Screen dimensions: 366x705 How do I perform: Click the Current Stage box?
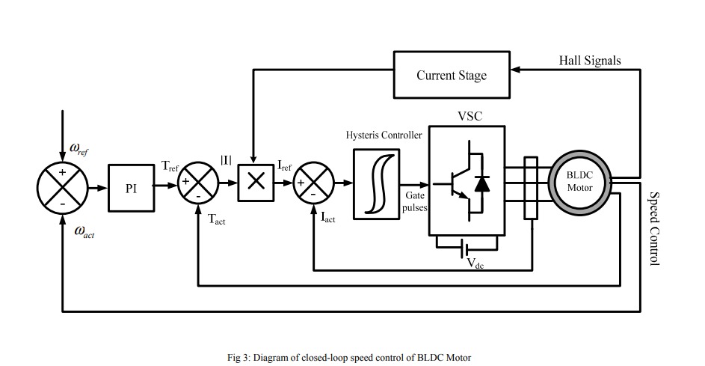pyautogui.click(x=452, y=75)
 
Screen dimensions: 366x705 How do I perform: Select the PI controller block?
pyautogui.click(x=131, y=187)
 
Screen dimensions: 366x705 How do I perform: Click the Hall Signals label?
pyautogui.click(x=589, y=61)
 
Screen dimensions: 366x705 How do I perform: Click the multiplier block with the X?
pyautogui.click(x=256, y=182)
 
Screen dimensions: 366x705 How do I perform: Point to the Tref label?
pyautogui.click(x=170, y=166)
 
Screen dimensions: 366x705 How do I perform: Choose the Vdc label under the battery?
pyautogui.click(x=475, y=263)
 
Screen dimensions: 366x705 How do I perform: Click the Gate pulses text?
pyautogui.click(x=414, y=201)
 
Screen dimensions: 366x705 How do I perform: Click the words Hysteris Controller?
pyautogui.click(x=384, y=135)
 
